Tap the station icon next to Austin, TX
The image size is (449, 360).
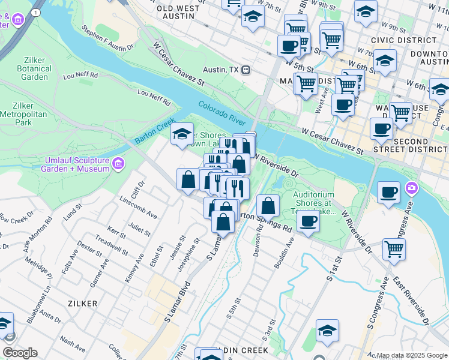click(x=246, y=70)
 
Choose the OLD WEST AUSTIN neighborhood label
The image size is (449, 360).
click(x=178, y=8)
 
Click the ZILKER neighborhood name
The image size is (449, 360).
click(x=82, y=304)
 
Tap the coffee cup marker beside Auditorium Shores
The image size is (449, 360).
click(x=309, y=221)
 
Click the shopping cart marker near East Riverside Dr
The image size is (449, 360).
click(x=394, y=248)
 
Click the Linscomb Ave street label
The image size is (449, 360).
click(x=137, y=205)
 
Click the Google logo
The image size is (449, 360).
click(x=20, y=352)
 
